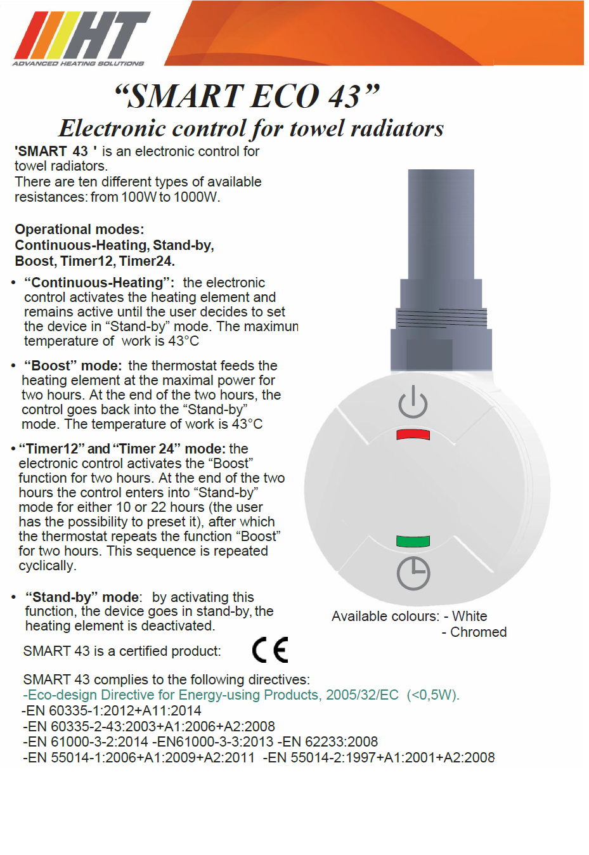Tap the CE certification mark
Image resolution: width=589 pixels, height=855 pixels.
[270, 649]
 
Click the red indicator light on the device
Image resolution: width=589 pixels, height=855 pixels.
[413, 434]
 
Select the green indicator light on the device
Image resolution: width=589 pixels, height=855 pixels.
[413, 541]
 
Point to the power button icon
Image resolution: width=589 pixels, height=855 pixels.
[413, 401]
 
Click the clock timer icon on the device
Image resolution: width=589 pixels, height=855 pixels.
[413, 573]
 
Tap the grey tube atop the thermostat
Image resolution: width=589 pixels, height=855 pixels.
[441, 222]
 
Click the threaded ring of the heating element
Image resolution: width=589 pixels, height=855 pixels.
[441, 317]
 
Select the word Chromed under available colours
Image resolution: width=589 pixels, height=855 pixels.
[478, 632]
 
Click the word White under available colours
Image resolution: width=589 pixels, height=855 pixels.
[469, 617]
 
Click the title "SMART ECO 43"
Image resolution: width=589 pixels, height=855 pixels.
[247, 96]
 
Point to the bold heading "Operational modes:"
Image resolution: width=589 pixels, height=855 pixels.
[79, 229]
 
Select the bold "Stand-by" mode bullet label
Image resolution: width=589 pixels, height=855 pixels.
[82, 597]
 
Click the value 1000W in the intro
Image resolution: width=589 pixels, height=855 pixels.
[196, 197]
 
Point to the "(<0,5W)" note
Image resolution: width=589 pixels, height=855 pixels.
[433, 695]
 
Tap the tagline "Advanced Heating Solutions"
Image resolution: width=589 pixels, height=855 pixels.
[78, 63]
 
